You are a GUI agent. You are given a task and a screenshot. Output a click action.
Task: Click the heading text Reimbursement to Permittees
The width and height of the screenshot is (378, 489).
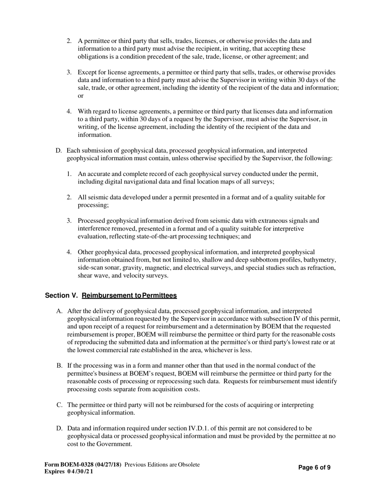(x=129, y=295)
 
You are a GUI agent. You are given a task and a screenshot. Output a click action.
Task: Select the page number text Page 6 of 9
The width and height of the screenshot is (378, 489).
(x=314, y=468)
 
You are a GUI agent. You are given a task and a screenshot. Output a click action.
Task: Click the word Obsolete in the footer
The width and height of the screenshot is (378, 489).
(x=189, y=464)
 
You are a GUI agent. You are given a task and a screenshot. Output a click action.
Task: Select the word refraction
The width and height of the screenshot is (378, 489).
(x=321, y=268)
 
